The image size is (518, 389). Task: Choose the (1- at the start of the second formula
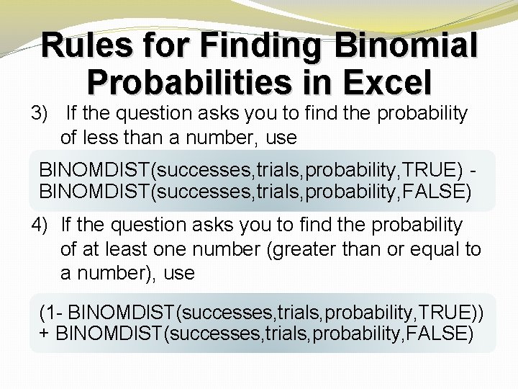coord(51,313)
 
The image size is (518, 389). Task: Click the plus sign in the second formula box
coord(45,334)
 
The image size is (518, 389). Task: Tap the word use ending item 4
coord(179,273)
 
